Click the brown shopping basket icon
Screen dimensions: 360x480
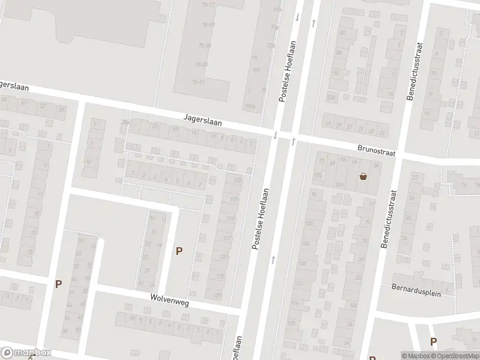point(363,176)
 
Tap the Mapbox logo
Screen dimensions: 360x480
point(26,353)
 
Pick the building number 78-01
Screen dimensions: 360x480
point(199,82)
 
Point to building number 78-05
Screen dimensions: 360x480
point(205,45)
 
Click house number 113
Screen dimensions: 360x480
point(230,219)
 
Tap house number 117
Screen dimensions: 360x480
point(227,238)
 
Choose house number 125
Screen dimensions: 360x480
point(220,277)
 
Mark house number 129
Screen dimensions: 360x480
point(217,295)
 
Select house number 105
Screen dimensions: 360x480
point(233,199)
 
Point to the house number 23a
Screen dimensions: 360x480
point(271,44)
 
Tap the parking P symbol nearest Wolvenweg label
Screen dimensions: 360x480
point(178,251)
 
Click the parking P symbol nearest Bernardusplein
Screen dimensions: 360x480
point(433,341)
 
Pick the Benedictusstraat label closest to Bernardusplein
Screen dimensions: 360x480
point(388,219)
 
